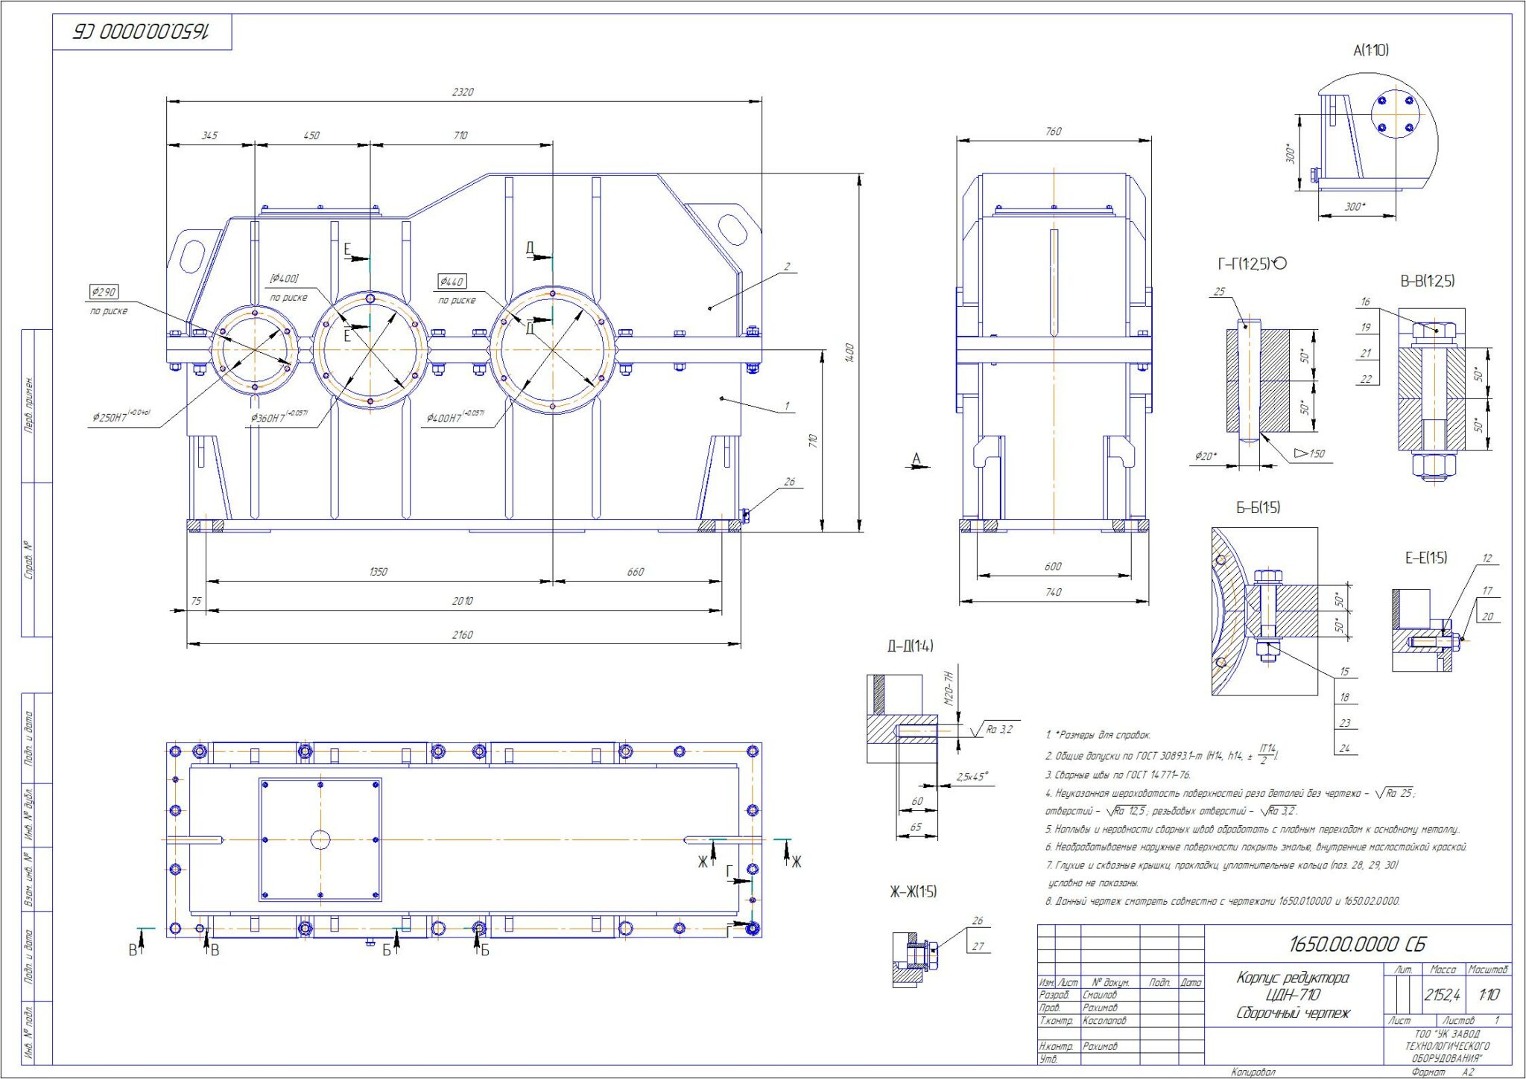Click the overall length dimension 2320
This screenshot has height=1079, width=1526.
pyautogui.click(x=462, y=92)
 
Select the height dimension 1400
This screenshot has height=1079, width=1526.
pyautogui.click(x=849, y=352)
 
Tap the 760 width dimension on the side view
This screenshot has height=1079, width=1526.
pyautogui.click(x=1053, y=132)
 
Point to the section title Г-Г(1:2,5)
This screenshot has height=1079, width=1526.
pyautogui.click(x=1251, y=264)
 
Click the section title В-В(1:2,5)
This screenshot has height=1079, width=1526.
pyautogui.click(x=1427, y=281)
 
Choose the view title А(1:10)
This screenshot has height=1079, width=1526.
pyautogui.click(x=1370, y=51)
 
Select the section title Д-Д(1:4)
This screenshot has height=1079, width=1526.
pyautogui.click(x=910, y=646)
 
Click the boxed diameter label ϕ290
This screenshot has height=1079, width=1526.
pyautogui.click(x=104, y=292)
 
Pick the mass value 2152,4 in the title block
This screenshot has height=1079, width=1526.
pyautogui.click(x=1442, y=995)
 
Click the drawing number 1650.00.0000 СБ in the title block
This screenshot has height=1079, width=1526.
pyautogui.click(x=1357, y=944)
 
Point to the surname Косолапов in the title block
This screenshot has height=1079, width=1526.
pyautogui.click(x=1104, y=1021)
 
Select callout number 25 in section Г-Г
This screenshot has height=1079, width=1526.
pyautogui.click(x=1220, y=292)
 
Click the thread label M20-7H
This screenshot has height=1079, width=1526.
pyautogui.click(x=949, y=688)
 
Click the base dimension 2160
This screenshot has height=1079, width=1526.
pyautogui.click(x=462, y=635)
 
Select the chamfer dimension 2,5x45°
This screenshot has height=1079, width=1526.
pyautogui.click(x=972, y=777)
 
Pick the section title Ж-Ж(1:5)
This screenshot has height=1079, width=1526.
pyautogui.click(x=913, y=892)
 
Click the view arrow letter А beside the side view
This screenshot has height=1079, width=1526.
pyautogui.click(x=916, y=459)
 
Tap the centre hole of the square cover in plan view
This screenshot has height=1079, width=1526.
pyautogui.click(x=320, y=840)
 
